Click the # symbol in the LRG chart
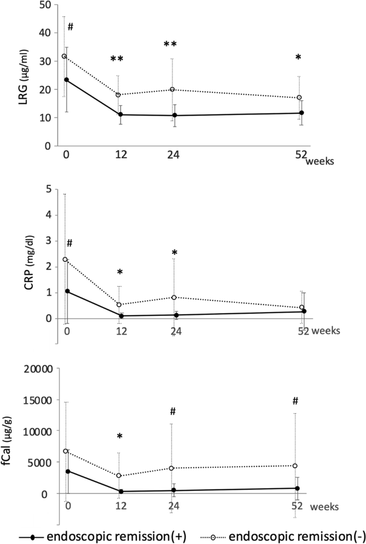70,26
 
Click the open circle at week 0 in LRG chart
64,56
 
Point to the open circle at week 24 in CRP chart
174,297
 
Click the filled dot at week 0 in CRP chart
67,291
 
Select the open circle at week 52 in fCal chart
295,466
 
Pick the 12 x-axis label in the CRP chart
121,331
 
